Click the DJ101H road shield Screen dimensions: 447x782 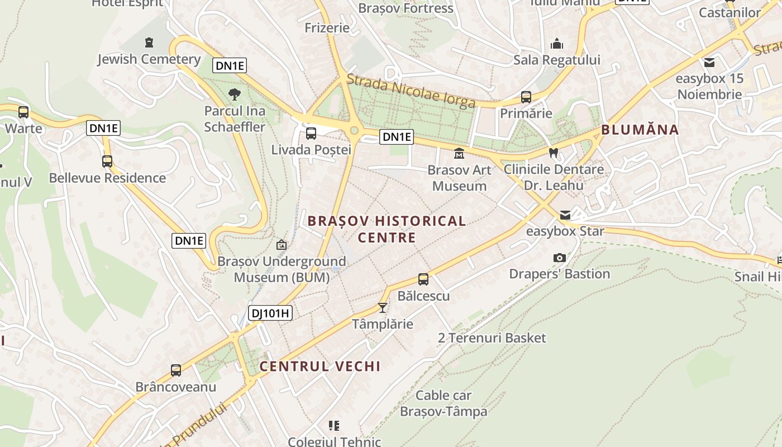270,313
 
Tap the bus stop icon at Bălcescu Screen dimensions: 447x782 423,279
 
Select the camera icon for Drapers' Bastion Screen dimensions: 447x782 559,258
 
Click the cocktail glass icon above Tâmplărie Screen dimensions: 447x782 383,307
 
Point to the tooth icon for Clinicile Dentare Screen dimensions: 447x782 554,153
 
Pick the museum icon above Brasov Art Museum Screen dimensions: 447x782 459,153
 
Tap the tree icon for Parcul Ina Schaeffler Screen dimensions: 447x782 235,94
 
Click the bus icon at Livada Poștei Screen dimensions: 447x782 311,134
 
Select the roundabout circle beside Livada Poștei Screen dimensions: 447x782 354,131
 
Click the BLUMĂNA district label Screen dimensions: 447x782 640,130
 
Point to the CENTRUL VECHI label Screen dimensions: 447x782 320,367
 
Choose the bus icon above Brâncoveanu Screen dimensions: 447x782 176,370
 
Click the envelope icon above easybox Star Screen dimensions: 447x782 565,215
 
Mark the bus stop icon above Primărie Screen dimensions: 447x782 526,97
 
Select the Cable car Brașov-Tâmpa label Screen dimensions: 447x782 444,403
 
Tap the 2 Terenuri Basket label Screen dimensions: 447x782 492,338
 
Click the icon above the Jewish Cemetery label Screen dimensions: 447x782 149,42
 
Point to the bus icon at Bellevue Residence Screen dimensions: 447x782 107,161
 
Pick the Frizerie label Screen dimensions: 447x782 327,27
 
